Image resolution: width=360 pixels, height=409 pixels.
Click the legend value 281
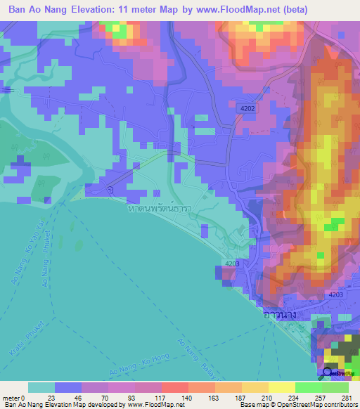[x=345, y=397]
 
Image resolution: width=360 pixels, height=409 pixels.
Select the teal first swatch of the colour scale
[x=41, y=387]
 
